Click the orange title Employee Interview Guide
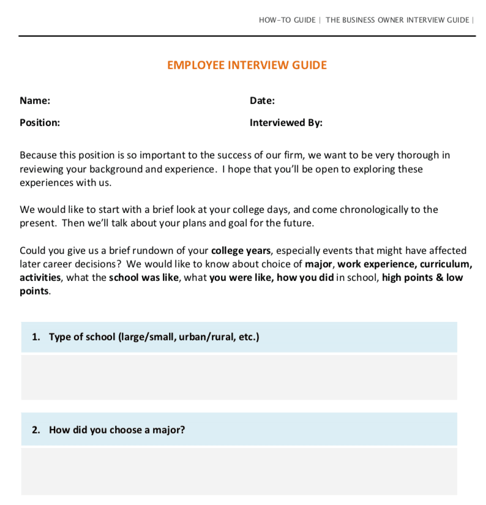coord(247,65)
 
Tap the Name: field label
coord(35,101)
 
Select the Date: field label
coord(262,101)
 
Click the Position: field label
coord(40,122)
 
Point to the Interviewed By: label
coord(286,122)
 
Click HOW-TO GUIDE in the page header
coord(286,20)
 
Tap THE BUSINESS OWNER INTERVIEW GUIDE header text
coord(397,20)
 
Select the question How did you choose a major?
coord(116,430)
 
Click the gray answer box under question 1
coord(239,377)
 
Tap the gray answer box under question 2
coord(239,471)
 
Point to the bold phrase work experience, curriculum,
coord(405,264)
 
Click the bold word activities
coord(40,277)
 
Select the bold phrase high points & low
coord(422,277)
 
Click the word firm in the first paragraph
coord(293,155)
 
